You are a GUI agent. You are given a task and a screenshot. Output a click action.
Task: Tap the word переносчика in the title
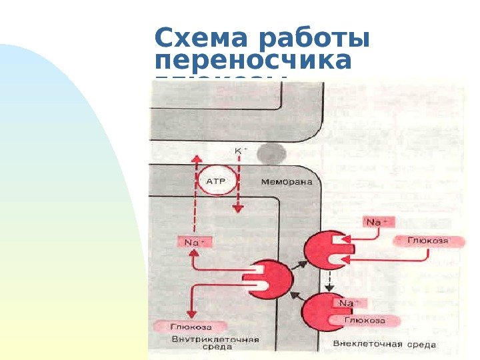coord(253,61)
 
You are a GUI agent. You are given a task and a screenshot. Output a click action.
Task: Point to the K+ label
coord(239,151)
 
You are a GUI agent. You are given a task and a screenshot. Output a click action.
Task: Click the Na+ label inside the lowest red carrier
coord(347,304)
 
